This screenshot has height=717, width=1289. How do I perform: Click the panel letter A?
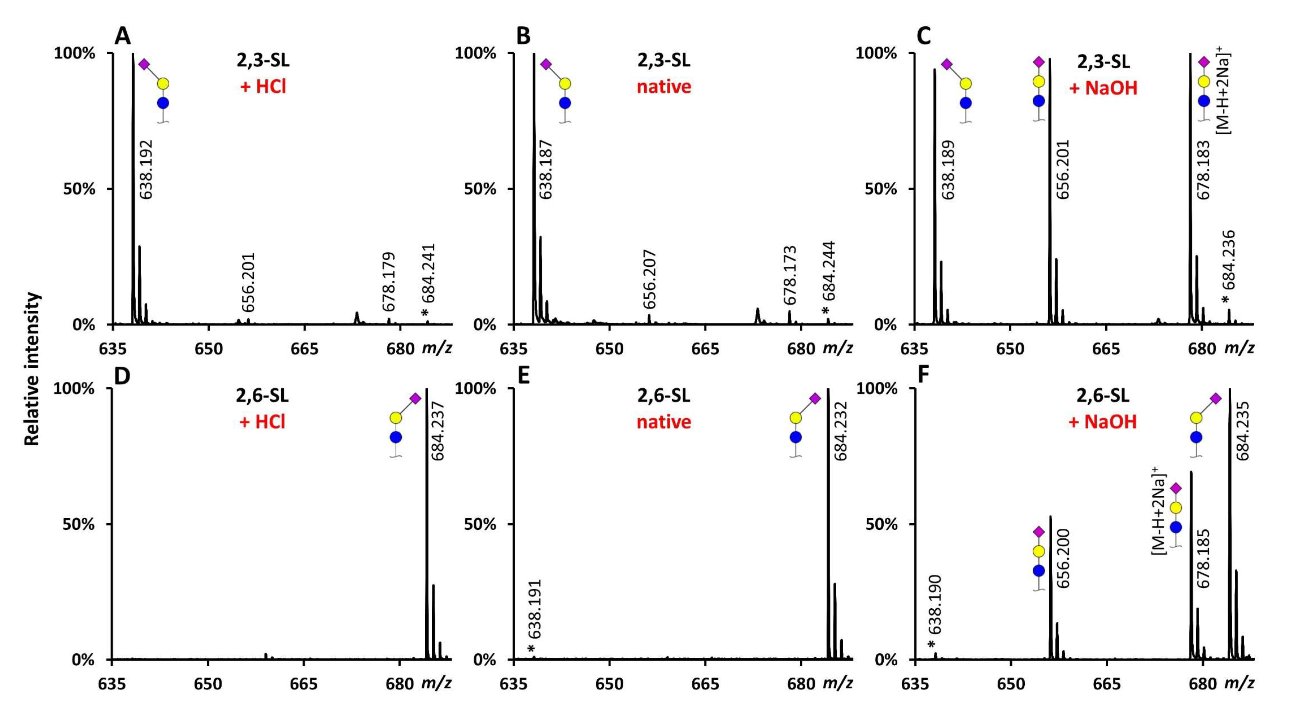123,37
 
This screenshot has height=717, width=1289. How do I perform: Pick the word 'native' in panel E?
663,421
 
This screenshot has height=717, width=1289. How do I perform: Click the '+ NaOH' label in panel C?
1102,88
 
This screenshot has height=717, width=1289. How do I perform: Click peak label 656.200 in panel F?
1063,558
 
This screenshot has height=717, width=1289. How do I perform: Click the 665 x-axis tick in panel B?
705,348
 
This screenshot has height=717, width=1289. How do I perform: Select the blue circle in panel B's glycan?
565,103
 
